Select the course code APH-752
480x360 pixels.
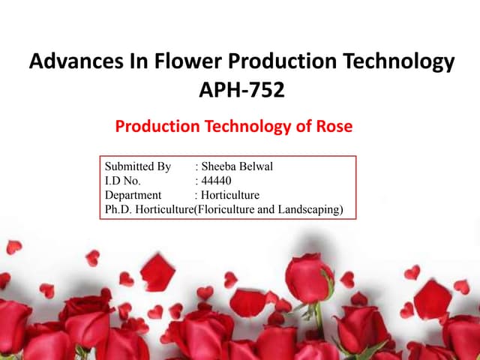click(x=241, y=91)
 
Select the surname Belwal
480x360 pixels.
click(x=258, y=166)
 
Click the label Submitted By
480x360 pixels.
click(x=138, y=166)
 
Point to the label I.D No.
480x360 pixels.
click(x=122, y=181)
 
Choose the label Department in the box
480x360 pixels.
click(x=133, y=195)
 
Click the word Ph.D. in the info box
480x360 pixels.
click(x=116, y=209)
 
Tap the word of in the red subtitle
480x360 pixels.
click(x=305, y=126)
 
